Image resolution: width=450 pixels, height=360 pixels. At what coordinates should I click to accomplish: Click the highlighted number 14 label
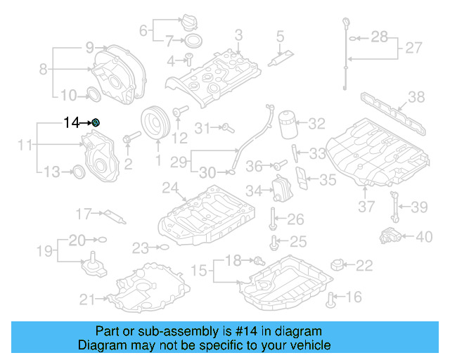click(x=71, y=122)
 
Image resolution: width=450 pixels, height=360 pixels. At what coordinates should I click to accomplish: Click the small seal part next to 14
click(x=96, y=123)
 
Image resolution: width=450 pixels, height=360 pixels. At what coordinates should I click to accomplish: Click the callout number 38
click(x=416, y=97)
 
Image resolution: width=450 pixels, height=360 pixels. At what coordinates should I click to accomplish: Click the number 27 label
click(x=413, y=49)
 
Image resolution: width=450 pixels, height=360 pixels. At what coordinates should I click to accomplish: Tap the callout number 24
click(x=169, y=188)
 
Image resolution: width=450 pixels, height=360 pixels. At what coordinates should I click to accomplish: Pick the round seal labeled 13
click(x=79, y=171)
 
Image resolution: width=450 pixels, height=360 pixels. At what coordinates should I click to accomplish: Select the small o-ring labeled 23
click(x=162, y=247)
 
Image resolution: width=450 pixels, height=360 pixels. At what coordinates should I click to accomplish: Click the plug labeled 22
click(x=339, y=265)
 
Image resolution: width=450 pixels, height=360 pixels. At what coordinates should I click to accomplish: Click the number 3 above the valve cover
click(x=238, y=34)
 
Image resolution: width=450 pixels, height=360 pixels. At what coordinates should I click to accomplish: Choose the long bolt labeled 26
click(x=272, y=219)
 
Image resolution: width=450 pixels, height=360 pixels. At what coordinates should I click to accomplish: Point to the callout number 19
click(x=44, y=250)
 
